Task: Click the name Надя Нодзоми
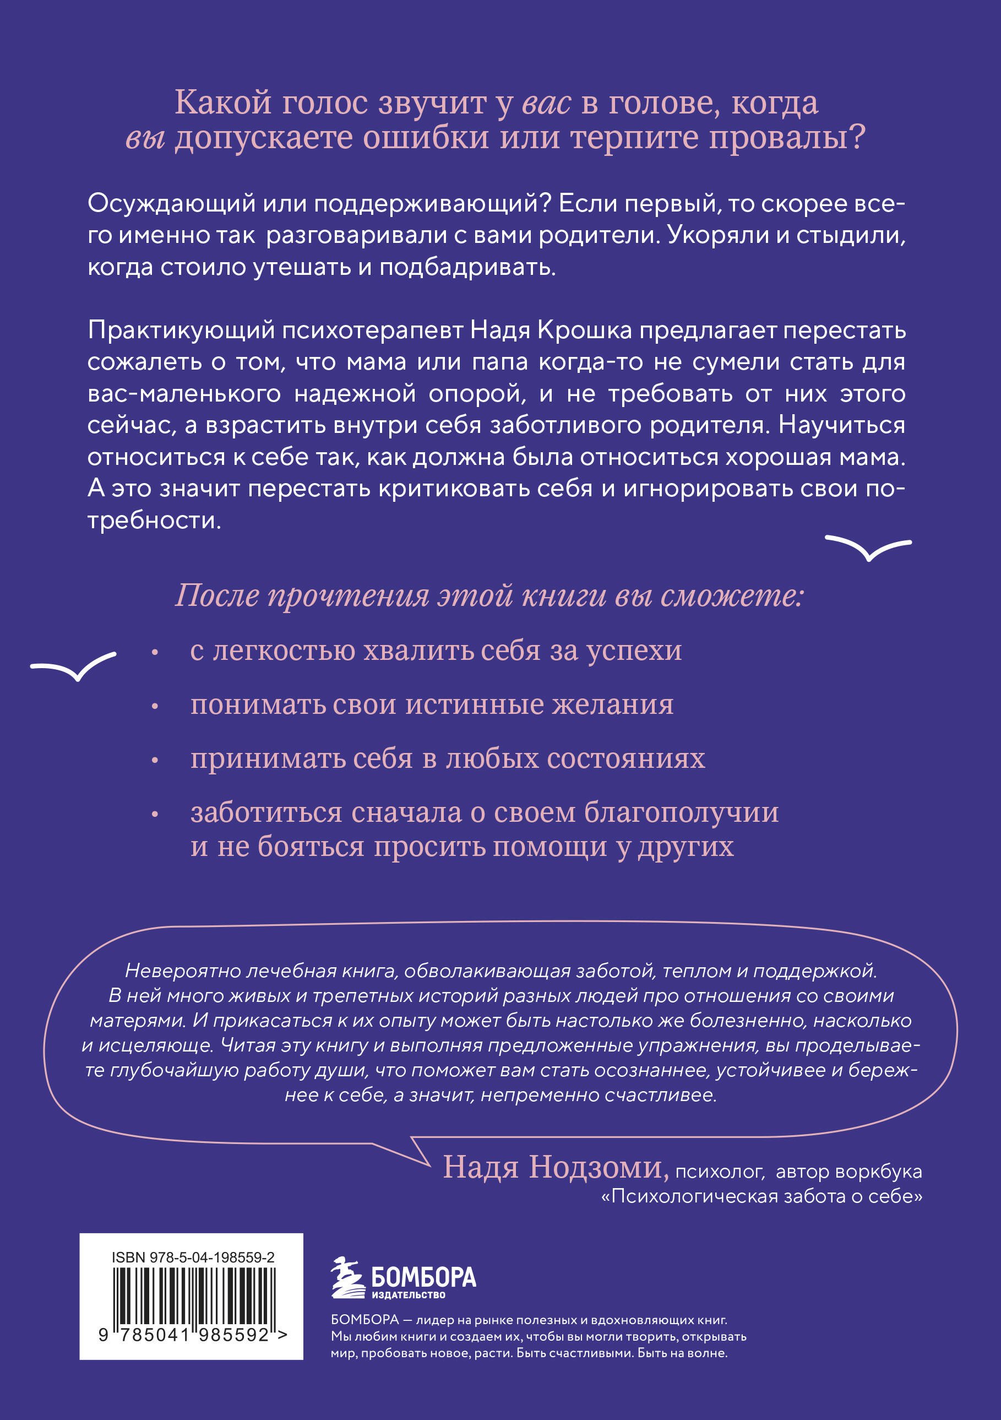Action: point(555,1167)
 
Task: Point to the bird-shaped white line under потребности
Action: point(868,547)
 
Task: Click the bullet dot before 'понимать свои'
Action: point(155,706)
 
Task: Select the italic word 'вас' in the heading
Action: point(546,102)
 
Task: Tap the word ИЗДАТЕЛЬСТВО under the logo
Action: point(408,1294)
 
